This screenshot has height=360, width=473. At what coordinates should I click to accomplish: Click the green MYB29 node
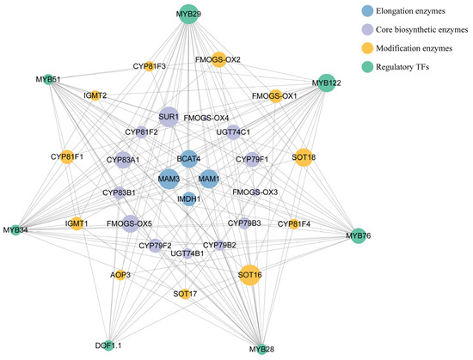[188, 14]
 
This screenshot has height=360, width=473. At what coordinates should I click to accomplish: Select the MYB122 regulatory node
[326, 82]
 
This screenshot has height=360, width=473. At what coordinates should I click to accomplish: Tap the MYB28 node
[261, 349]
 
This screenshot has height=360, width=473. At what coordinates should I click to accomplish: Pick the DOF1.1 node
[108, 345]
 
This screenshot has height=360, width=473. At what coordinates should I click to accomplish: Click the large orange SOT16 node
[249, 275]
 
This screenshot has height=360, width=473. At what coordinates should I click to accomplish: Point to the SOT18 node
[304, 157]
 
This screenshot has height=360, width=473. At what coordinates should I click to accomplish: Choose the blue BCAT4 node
[188, 159]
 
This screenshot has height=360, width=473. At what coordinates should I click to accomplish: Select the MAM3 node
[169, 179]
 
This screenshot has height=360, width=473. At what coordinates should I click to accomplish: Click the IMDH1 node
[189, 199]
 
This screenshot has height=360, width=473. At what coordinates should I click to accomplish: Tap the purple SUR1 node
[169, 117]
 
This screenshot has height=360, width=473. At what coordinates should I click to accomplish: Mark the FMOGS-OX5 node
[131, 223]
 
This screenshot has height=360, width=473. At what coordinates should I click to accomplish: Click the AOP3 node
[120, 275]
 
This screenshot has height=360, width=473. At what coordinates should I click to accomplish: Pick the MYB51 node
[48, 80]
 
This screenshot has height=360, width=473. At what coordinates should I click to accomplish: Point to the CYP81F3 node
[149, 66]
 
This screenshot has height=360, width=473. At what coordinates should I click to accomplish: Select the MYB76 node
[358, 235]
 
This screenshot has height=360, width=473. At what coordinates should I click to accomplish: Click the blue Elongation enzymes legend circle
[367, 11]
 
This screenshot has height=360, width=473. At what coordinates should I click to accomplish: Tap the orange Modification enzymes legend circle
[367, 48]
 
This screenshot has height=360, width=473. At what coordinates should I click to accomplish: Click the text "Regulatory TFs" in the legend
[402, 67]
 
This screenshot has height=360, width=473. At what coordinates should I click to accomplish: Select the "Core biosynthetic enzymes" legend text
[422, 29]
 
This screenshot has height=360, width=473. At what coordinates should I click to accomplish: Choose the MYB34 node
[15, 230]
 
